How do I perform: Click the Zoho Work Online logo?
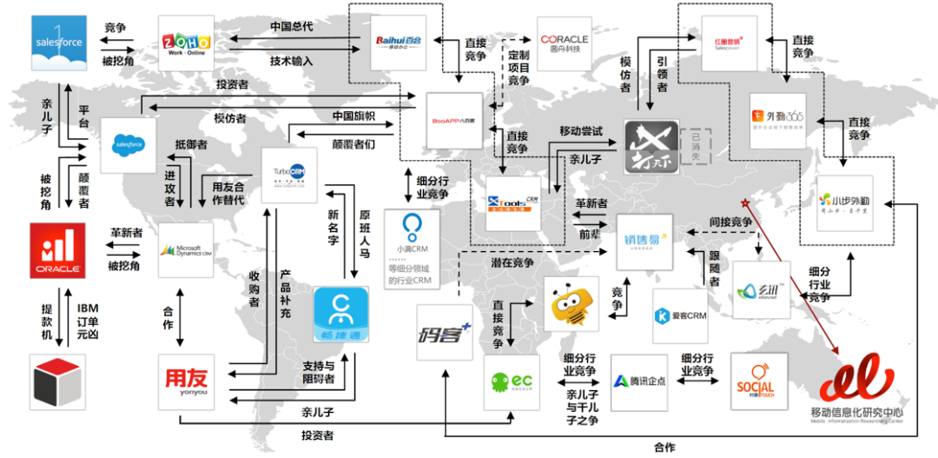click(x=186, y=43)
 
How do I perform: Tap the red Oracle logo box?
click(x=57, y=251)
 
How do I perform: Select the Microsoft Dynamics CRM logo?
click(x=186, y=250)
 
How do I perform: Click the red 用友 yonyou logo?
click(x=186, y=382)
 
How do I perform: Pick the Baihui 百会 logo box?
click(x=400, y=42)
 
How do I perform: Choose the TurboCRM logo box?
click(x=289, y=176)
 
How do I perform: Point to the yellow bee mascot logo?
click(x=571, y=302)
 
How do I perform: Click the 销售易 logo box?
click(x=644, y=240)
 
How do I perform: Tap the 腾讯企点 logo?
click(x=638, y=382)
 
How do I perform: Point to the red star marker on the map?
click(x=744, y=204)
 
